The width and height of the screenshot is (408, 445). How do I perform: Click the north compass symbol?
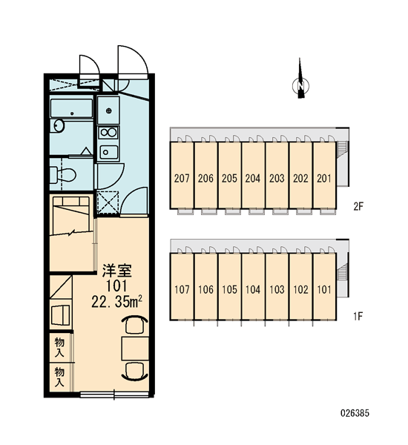(300, 85)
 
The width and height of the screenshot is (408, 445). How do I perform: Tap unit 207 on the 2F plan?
(182, 175)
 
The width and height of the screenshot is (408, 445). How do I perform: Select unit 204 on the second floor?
(253, 175)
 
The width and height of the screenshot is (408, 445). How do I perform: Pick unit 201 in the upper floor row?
(324, 175)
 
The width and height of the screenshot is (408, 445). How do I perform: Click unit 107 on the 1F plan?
(182, 286)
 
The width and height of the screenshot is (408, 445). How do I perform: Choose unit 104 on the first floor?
(253, 286)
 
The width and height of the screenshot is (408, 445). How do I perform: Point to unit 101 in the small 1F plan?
(324, 286)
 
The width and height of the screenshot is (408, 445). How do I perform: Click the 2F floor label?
(358, 206)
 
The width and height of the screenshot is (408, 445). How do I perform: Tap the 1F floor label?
(358, 316)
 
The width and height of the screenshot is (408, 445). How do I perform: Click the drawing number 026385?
(355, 413)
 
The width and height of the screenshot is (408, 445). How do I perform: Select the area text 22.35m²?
(116, 302)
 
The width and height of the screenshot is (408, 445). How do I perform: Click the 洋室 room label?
(116, 271)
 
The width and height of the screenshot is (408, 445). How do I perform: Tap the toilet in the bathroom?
(63, 174)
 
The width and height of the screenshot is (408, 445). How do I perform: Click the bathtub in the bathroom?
(71, 108)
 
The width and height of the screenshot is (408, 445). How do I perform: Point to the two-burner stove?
(108, 132)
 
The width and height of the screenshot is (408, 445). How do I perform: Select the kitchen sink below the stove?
(108, 152)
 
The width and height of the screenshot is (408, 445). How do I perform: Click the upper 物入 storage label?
(59, 347)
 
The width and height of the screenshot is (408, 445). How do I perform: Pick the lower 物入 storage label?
(59, 377)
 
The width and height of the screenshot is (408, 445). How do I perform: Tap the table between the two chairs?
(135, 349)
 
